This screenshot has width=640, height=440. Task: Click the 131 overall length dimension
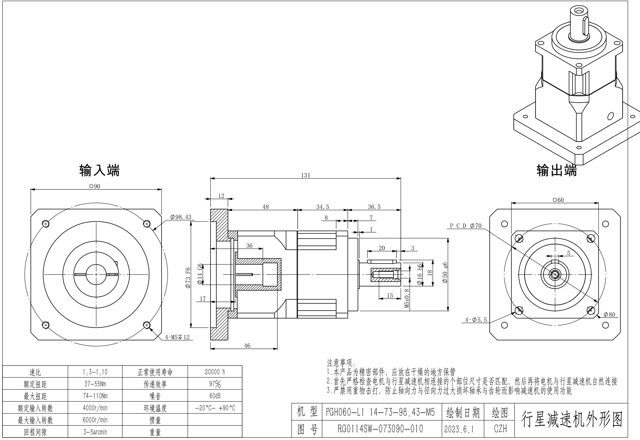[305, 175]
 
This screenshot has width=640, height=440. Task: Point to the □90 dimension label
[95, 186]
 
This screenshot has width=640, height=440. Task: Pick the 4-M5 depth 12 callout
[177, 337]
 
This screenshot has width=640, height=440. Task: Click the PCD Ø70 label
[466, 226]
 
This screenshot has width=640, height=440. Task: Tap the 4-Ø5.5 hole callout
[476, 320]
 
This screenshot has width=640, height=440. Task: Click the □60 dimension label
[558, 200]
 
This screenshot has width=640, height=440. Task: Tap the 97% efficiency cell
[215, 384]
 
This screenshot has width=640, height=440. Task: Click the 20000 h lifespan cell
[215, 372]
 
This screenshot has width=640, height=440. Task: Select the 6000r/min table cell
[95, 420]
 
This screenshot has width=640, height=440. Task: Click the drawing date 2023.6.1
[459, 429]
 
